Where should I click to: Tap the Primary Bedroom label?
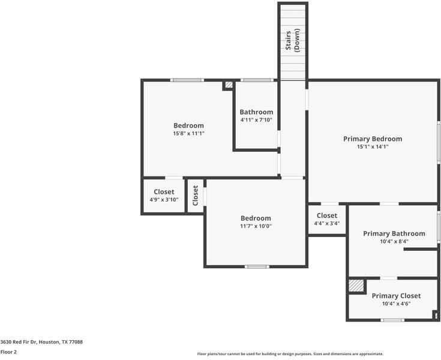[x=373, y=139]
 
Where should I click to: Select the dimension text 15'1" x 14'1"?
[x=373, y=146]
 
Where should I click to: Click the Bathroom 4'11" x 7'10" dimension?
[x=256, y=120]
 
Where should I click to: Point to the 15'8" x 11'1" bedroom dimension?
[x=188, y=133]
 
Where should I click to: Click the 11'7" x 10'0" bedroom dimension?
[x=256, y=226]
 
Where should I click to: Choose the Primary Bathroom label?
[x=394, y=233]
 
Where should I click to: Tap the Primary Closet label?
[x=396, y=296]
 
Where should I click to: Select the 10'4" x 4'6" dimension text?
[x=396, y=304]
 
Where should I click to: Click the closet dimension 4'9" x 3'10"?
[x=164, y=200]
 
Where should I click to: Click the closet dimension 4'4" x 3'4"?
[x=327, y=223]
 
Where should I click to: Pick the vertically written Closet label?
[x=195, y=196]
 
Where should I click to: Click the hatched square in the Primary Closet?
[x=356, y=286]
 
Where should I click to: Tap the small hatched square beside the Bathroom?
[x=228, y=85]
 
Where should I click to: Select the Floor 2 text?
[x=8, y=352]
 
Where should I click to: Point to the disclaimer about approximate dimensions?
[x=290, y=354]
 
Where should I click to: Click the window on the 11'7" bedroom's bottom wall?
[x=256, y=266]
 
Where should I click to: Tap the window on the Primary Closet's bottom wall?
[x=392, y=320]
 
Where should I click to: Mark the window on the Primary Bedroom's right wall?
[x=439, y=142]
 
